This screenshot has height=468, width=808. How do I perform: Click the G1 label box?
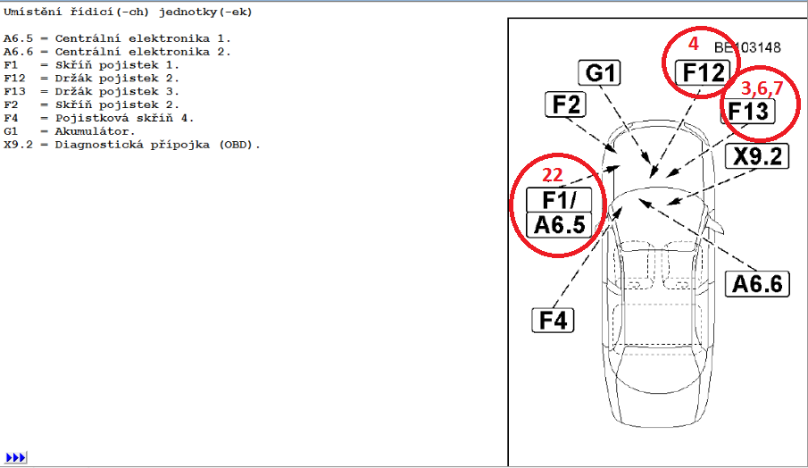click(599, 72)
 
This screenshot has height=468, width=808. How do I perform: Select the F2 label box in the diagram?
click(566, 104)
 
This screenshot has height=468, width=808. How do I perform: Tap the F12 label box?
click(703, 72)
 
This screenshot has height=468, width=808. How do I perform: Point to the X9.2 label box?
click(757, 155)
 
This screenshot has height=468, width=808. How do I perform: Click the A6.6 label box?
click(757, 284)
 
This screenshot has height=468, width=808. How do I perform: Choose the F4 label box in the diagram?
click(553, 320)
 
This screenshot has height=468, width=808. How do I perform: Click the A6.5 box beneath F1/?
click(559, 225)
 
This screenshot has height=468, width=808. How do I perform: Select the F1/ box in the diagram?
click(559, 200)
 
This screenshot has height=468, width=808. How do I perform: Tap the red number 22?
click(552, 175)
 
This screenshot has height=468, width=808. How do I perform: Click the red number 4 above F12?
click(694, 44)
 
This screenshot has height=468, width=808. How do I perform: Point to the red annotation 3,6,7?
click(762, 88)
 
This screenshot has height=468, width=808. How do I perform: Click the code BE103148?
click(747, 48)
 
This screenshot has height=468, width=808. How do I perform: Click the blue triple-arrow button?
click(15, 457)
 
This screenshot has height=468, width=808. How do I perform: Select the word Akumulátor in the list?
click(95, 131)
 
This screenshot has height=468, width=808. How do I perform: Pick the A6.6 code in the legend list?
click(18, 52)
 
